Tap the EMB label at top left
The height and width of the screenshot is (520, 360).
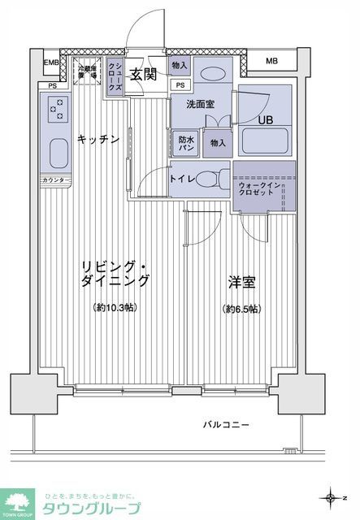(x=50, y=62)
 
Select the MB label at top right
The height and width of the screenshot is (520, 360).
(x=271, y=61)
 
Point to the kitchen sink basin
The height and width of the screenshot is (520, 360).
(x=59, y=153)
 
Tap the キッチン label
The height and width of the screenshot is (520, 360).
(x=98, y=140)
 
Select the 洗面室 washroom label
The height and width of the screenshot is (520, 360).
(x=200, y=104)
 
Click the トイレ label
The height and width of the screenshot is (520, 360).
(x=182, y=177)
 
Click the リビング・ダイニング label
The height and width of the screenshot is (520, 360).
(x=115, y=274)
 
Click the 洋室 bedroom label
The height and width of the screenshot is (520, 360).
(x=241, y=284)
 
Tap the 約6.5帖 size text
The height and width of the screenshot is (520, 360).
(x=241, y=309)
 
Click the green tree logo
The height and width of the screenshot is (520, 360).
(x=18, y=501)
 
